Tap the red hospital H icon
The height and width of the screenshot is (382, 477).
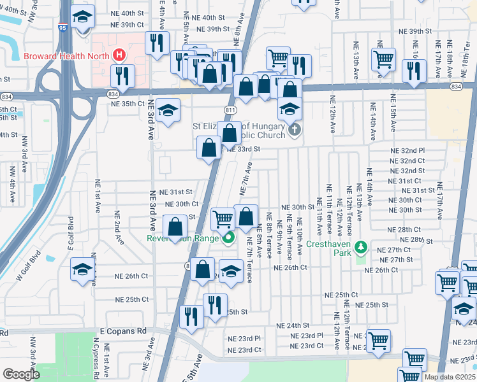point(118,55)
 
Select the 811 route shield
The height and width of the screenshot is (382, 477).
point(231,111)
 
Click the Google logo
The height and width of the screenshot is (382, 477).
point(20,374)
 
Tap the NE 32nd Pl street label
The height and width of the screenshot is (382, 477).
point(407,150)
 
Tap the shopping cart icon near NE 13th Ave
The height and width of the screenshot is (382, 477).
point(383,59)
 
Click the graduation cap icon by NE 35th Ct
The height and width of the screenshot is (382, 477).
point(168,110)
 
